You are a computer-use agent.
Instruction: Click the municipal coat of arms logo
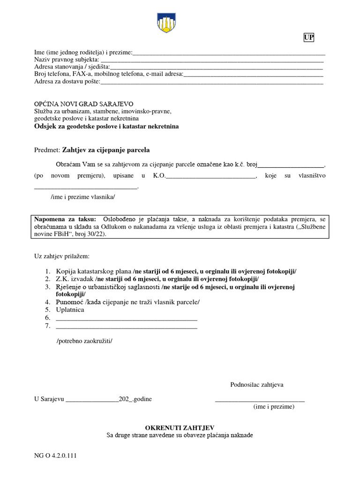(166, 22)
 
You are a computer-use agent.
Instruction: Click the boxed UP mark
(308, 38)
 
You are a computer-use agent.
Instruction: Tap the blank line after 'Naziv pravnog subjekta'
(212, 61)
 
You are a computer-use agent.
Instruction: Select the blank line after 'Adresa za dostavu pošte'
(212, 83)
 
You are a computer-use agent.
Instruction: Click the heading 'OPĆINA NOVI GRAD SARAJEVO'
(84, 104)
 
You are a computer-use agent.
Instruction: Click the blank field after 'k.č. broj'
(291, 166)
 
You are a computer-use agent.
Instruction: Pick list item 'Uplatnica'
(70, 310)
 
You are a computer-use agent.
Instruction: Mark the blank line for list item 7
(127, 327)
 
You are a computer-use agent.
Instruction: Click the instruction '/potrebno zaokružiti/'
(84, 341)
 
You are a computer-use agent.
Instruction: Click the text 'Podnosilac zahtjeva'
(257, 385)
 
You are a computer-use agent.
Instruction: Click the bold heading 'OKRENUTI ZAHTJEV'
(180, 427)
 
